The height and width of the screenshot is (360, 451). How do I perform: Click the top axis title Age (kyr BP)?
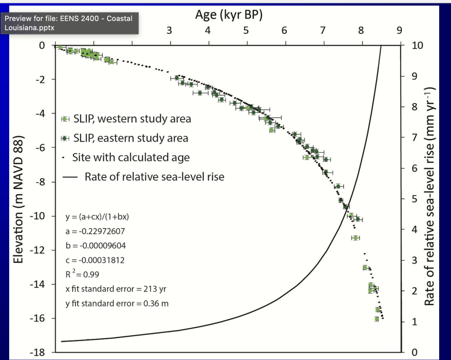click(229, 15)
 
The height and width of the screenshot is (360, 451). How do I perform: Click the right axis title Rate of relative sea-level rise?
click(430, 196)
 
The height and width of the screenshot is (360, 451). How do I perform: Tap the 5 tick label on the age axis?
click(246, 31)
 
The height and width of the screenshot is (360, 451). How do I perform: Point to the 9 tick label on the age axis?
click(399, 31)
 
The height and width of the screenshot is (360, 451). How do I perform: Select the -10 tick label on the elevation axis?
click(37, 216)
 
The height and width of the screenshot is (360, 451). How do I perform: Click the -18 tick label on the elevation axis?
click(37, 353)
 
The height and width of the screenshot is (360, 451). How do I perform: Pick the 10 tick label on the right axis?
click(417, 45)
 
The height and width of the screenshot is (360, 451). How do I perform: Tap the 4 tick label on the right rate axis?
click(414, 229)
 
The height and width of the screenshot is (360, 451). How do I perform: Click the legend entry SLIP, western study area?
click(132, 119)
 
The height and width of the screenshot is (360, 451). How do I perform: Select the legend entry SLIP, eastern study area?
click(131, 138)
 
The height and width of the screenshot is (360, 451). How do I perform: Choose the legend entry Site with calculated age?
click(131, 158)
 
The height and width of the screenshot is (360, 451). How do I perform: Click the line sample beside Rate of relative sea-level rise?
click(70, 177)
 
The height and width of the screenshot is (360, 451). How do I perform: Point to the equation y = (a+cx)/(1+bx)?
click(97, 217)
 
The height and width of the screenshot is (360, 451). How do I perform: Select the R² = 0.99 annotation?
click(82, 274)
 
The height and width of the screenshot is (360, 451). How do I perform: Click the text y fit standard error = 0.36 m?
click(117, 304)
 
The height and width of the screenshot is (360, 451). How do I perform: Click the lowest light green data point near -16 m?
click(376, 319)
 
